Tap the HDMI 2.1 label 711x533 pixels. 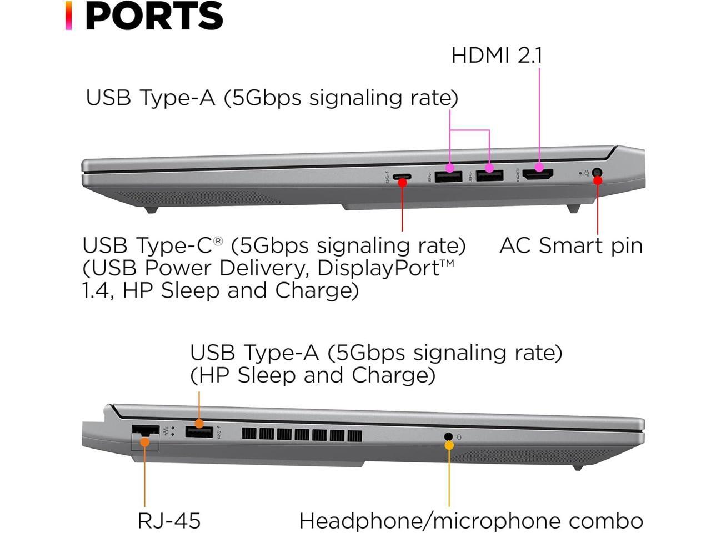(x=497, y=55)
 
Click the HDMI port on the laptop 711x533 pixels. (x=537, y=175)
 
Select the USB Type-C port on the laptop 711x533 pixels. (x=402, y=177)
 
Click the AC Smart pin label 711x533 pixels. (x=571, y=245)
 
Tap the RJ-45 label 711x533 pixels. (x=169, y=521)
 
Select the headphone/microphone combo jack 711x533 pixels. (x=449, y=436)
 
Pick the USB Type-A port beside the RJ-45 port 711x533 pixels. (x=199, y=431)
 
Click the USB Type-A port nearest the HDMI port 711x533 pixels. (x=489, y=175)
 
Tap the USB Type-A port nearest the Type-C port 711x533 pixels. (x=449, y=176)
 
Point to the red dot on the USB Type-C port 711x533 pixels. (x=402, y=182)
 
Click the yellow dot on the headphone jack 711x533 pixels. (x=449, y=445)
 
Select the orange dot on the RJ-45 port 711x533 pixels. (x=144, y=442)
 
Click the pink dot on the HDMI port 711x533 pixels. (x=539, y=167)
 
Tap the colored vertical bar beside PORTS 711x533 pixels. (x=68, y=16)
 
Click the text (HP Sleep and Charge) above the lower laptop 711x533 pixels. (x=313, y=375)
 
